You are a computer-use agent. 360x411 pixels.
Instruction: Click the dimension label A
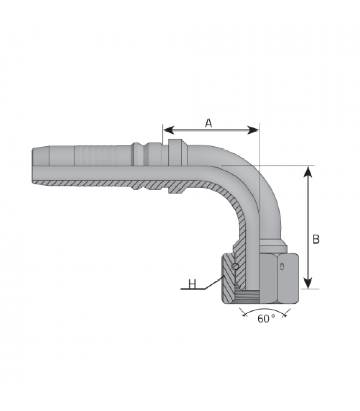click(208, 123)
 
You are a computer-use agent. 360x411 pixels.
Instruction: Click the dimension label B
click(316, 239)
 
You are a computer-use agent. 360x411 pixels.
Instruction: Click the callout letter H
click(192, 284)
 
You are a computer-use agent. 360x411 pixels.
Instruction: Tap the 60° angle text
click(266, 319)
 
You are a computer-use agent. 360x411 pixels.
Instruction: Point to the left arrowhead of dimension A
click(169, 130)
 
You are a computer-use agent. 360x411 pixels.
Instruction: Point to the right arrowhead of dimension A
click(253, 130)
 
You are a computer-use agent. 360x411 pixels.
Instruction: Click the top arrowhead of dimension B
click(308, 172)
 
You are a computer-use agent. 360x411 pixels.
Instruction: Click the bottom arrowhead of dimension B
click(308, 283)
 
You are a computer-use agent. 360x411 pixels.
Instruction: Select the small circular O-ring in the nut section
click(236, 267)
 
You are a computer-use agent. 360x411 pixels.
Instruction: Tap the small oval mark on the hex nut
click(282, 266)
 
